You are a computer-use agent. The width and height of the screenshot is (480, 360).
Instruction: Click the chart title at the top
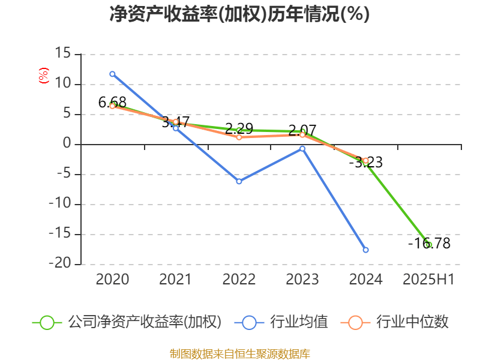click(239, 14)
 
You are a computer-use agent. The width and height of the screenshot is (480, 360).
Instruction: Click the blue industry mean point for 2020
click(112, 74)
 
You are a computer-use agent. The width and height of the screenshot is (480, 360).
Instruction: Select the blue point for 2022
click(239, 181)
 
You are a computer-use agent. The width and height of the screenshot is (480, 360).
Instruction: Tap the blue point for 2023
click(302, 148)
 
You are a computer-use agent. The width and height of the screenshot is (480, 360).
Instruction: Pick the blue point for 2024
click(366, 250)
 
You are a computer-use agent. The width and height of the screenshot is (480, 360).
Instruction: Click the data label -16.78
click(429, 244)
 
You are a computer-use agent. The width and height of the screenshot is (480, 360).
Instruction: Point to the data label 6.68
click(112, 103)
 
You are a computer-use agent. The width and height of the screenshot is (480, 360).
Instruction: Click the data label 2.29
click(239, 128)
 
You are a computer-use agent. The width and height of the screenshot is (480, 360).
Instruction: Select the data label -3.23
click(366, 163)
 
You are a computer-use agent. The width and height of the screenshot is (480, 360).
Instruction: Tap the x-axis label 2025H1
click(429, 279)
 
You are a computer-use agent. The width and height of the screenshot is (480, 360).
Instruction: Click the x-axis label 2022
click(239, 279)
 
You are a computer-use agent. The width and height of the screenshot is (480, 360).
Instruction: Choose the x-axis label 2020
click(112, 279)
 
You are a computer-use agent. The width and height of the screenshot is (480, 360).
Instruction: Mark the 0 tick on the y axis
click(67, 145)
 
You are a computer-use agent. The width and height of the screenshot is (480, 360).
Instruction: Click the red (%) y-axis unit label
click(44, 75)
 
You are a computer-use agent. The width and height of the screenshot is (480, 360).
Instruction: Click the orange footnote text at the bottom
click(239, 353)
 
